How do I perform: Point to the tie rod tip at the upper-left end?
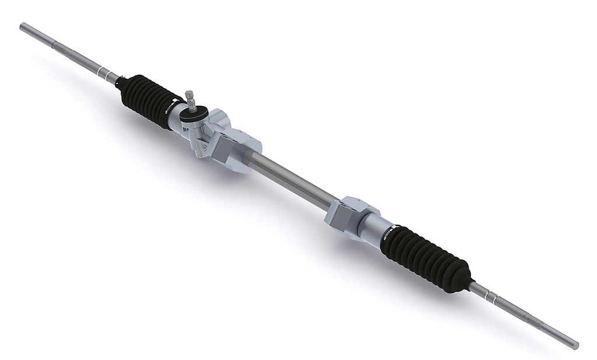[x=23, y=27]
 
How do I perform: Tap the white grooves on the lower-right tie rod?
[x=495, y=300]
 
